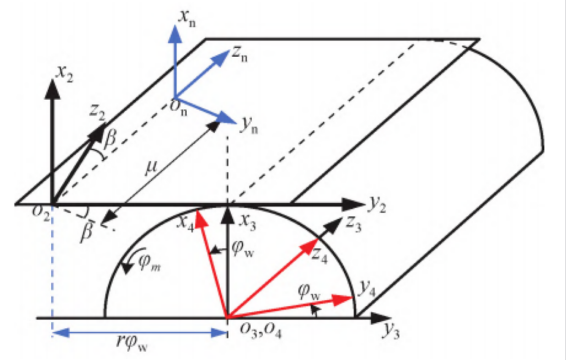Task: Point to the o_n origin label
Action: tap(179, 107)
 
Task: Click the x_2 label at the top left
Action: tap(65, 74)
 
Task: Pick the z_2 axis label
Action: tap(97, 112)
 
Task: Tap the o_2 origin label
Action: tap(40, 212)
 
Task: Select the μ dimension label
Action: tap(150, 168)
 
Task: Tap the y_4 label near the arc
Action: tap(367, 289)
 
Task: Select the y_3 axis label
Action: tap(391, 330)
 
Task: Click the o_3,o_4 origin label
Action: tap(260, 330)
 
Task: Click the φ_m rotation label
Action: tap(149, 263)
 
